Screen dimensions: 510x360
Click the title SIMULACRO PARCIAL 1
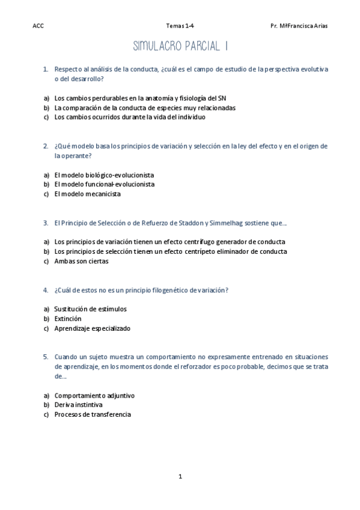pos(179,46)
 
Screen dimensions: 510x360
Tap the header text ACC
pos(38,26)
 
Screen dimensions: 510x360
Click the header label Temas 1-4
pos(180,26)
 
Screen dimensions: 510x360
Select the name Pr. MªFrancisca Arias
pos(299,26)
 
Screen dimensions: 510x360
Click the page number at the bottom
pos(180,476)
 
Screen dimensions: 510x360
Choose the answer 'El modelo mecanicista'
pos(87,194)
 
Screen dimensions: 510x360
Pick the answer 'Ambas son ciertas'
pos(82,261)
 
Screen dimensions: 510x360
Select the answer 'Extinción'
pos(68,319)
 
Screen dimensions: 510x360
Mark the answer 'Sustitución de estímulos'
pos(90,309)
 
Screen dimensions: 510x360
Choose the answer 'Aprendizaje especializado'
pos(92,328)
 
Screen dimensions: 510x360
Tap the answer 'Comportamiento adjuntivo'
pos(94,395)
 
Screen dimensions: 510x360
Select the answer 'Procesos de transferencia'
pos(93,414)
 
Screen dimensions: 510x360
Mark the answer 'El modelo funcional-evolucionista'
pos(104,185)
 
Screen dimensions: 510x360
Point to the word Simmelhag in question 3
pos(230,223)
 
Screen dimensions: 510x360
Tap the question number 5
pos(46,357)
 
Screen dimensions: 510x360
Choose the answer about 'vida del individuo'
pos(130,117)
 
